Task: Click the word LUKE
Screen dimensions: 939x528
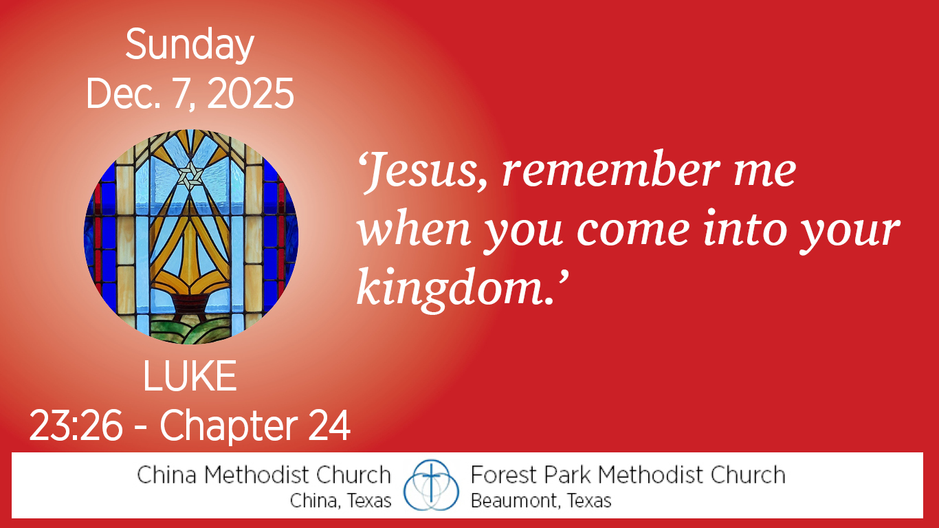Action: pyautogui.click(x=190, y=376)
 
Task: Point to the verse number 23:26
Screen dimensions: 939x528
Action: pyautogui.click(x=76, y=426)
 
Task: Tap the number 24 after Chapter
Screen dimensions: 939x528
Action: pyautogui.click(x=329, y=426)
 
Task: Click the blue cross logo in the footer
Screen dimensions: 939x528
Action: pyautogui.click(x=431, y=485)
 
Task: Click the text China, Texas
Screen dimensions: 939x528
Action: pyautogui.click(x=340, y=500)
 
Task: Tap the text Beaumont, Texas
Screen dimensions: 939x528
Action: pyautogui.click(x=541, y=500)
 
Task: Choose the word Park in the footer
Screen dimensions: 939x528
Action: pyautogui.click(x=566, y=475)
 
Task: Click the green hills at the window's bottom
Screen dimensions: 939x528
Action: pyautogui.click(x=190, y=331)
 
